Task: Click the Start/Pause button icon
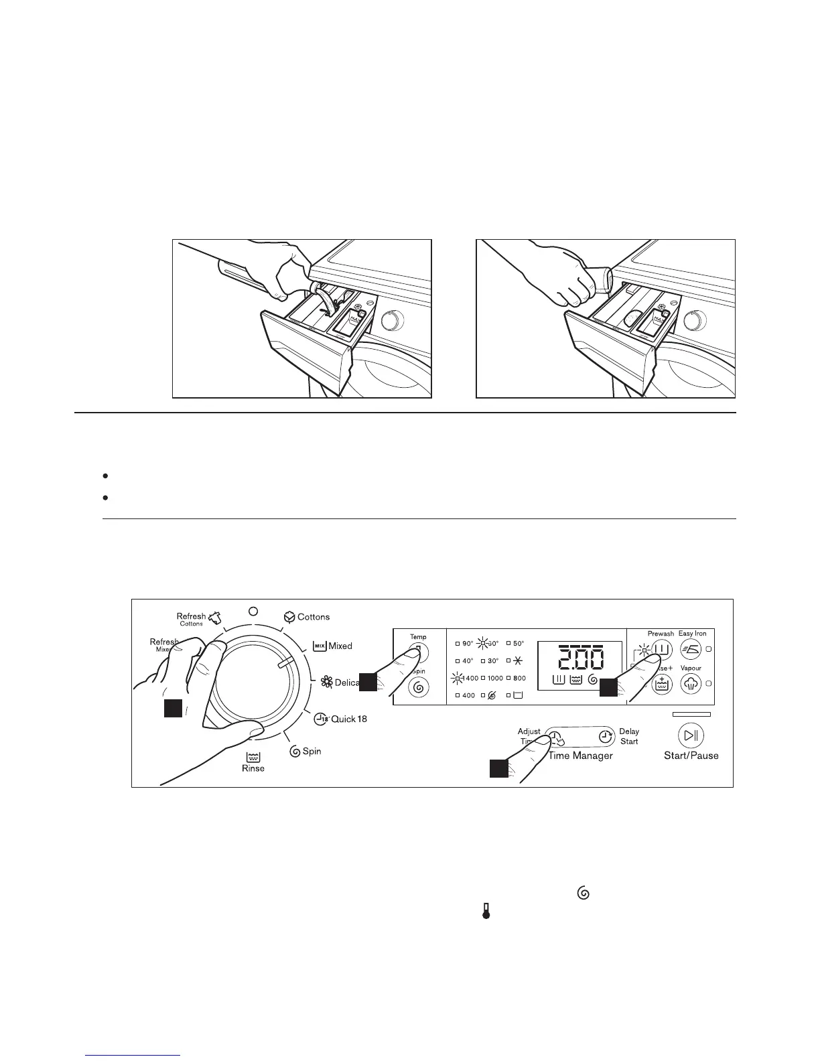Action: point(691,736)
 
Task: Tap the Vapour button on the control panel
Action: point(691,683)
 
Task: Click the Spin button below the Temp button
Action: point(419,687)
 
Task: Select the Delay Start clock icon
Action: point(605,737)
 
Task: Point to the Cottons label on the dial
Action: point(313,617)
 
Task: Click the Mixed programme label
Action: point(340,646)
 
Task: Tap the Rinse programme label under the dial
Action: point(253,768)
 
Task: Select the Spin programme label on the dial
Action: point(312,751)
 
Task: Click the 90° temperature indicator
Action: point(468,644)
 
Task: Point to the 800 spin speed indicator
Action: point(519,679)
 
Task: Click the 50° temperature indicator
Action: point(519,644)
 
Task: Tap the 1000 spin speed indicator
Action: point(494,679)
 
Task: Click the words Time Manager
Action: point(581,756)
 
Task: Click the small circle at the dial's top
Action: point(253,611)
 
